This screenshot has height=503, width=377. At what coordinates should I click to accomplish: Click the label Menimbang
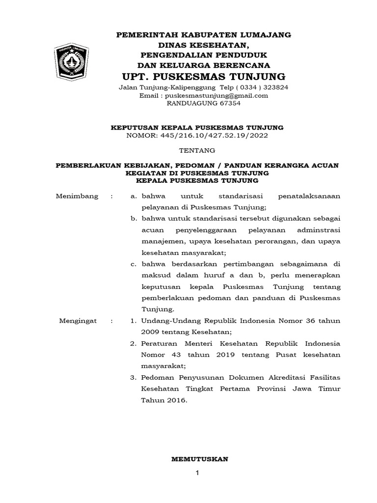pyautogui.click(x=77, y=196)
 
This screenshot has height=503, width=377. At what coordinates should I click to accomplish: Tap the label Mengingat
pyautogui.click(x=78, y=321)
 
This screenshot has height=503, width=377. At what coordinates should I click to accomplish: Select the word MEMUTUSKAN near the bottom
pyautogui.click(x=199, y=459)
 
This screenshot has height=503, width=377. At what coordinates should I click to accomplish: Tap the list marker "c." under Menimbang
pyautogui.click(x=133, y=264)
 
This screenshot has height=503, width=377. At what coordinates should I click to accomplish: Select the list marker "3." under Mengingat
pyautogui.click(x=133, y=377)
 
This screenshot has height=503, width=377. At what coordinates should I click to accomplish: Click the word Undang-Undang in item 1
pyautogui.click(x=164, y=321)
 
